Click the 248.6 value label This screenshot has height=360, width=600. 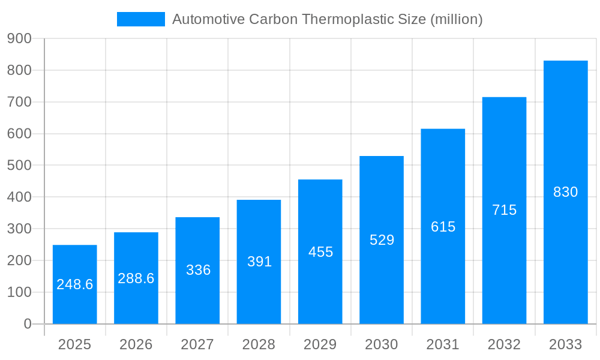(x=75, y=284)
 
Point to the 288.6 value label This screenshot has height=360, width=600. (x=136, y=278)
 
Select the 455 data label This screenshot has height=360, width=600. (x=320, y=252)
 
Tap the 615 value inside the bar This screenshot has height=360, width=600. (x=443, y=227)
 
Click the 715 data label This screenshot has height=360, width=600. (x=504, y=210)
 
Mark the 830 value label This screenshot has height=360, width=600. (x=565, y=192)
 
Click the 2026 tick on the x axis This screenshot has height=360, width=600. (x=136, y=344)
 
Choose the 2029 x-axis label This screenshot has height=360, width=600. (x=320, y=344)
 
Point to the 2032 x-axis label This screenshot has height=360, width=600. (x=504, y=344)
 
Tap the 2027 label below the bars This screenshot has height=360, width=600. (x=197, y=344)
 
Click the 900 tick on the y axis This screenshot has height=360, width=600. (x=19, y=38)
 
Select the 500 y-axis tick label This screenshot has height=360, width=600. (x=19, y=165)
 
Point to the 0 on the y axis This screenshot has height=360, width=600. (x=28, y=324)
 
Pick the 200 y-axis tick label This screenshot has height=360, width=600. (x=19, y=260)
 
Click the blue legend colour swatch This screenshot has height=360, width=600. (x=140, y=19)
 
